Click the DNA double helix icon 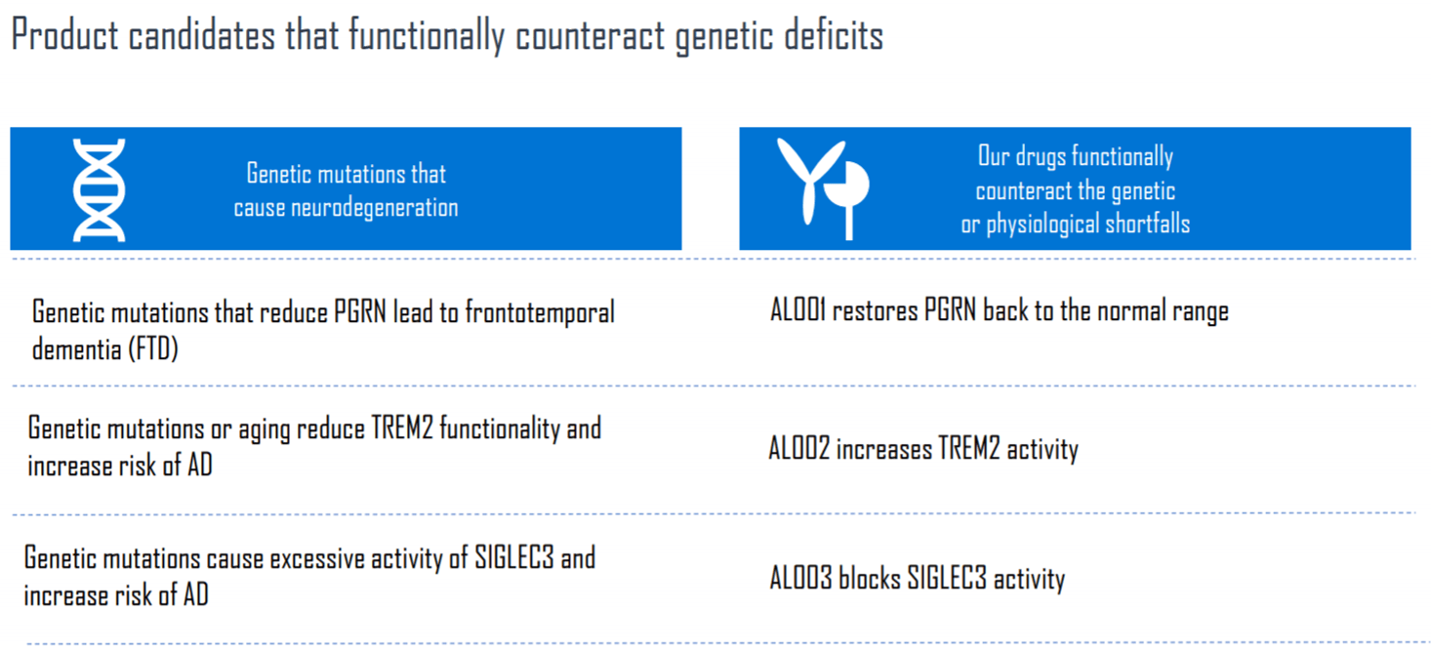click(100, 189)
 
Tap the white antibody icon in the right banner click(822, 188)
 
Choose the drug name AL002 click(797, 449)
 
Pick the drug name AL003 click(799, 579)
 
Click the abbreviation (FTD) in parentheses click(153, 349)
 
